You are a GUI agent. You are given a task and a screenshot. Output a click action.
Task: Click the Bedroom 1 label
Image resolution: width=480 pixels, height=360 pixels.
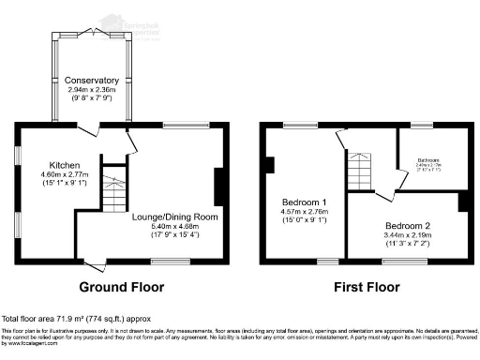tap(305, 202)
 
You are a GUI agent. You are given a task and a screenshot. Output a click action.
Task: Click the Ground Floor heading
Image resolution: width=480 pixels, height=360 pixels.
tap(121, 286)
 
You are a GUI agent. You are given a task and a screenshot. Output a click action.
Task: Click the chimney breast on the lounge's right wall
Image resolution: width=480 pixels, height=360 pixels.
tap(219, 186)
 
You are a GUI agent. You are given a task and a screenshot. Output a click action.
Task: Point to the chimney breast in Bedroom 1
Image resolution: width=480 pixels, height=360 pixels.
tap(268, 165)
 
